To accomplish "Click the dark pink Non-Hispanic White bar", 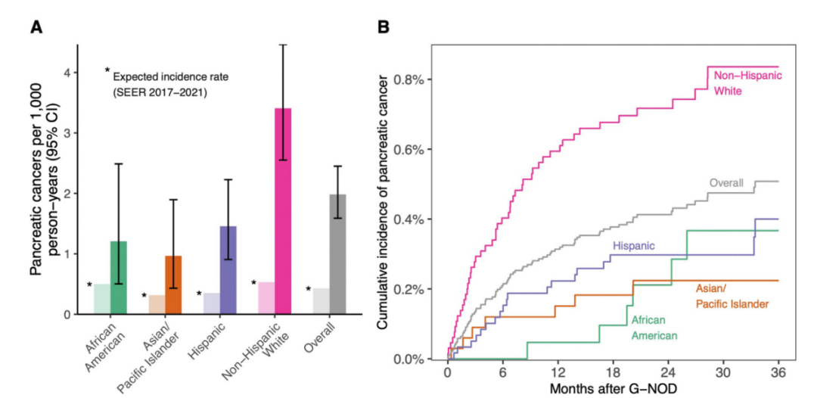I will (283, 211).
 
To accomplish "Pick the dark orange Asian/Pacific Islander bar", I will (173, 285).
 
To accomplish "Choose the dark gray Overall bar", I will (337, 254).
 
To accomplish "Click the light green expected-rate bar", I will (102, 299).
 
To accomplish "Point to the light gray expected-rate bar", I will (321, 301).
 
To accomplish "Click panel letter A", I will (36, 27).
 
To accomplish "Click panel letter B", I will (384, 27).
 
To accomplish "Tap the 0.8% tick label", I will (417, 79).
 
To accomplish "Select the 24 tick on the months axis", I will (669, 374).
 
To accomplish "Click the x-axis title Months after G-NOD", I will (614, 389).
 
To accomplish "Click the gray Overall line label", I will (726, 182).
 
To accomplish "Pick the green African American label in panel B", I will (655, 327).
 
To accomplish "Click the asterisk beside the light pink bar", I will (254, 283).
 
